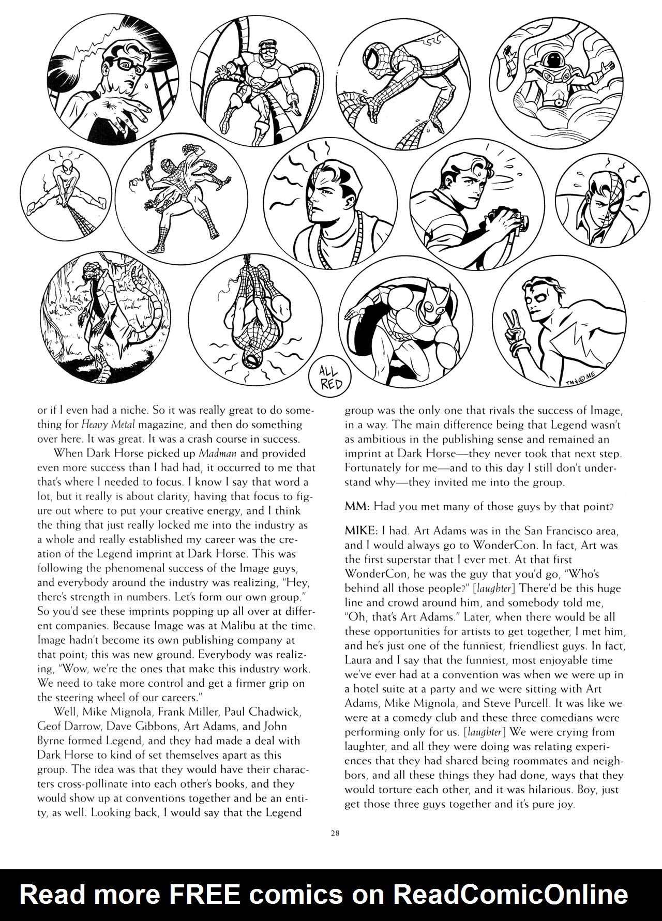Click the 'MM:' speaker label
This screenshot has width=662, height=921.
click(356, 507)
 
